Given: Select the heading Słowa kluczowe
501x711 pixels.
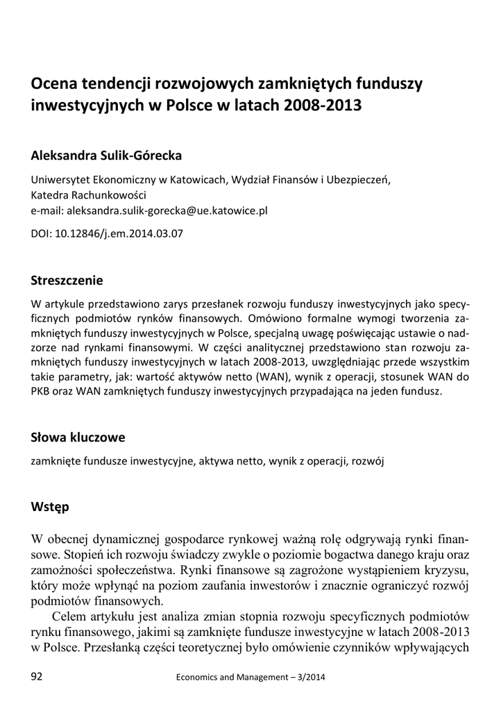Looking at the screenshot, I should (x=78, y=437).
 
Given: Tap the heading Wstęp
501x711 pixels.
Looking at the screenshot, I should (x=51, y=507).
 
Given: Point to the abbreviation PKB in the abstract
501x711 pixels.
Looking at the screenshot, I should (x=41, y=392).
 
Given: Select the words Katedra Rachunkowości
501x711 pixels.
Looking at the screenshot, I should (x=88, y=194).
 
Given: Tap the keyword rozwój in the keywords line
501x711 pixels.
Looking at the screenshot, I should (x=367, y=460).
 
